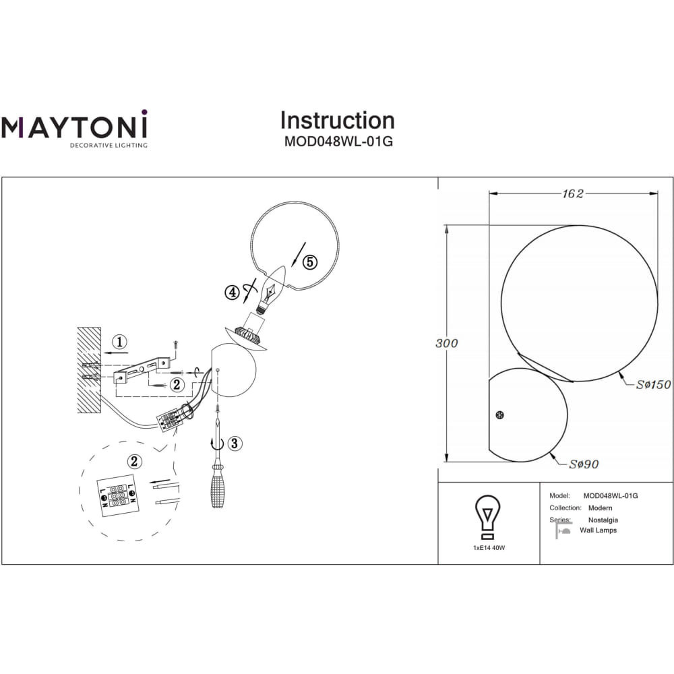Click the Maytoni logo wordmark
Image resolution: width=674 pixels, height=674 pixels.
[x=74, y=125]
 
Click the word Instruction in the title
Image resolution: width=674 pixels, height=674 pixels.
[x=338, y=121]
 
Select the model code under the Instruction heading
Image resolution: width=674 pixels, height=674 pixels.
[x=338, y=142]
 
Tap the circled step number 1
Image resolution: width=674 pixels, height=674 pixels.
[x=119, y=342]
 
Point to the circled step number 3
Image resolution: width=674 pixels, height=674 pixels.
[x=235, y=443]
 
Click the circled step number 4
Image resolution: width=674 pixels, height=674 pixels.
[x=232, y=293]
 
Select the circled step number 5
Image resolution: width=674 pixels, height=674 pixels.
[x=310, y=262]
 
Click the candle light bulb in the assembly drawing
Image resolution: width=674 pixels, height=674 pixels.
[x=270, y=289]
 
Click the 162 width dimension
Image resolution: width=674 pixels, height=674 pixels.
[x=573, y=194]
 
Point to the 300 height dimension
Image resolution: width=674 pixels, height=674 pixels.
[x=447, y=343]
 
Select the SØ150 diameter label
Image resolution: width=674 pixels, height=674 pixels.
[x=653, y=384]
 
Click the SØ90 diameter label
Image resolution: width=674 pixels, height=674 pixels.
[x=584, y=464]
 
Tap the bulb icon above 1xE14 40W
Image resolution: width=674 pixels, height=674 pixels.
[x=487, y=517]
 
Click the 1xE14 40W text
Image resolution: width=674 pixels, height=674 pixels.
[x=489, y=548]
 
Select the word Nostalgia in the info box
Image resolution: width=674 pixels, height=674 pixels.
[x=603, y=520]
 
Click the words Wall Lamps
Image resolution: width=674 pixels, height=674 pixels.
[x=598, y=530]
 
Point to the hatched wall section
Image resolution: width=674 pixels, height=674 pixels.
[x=89, y=370]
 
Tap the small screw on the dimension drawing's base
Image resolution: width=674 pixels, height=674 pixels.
[x=499, y=415]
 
